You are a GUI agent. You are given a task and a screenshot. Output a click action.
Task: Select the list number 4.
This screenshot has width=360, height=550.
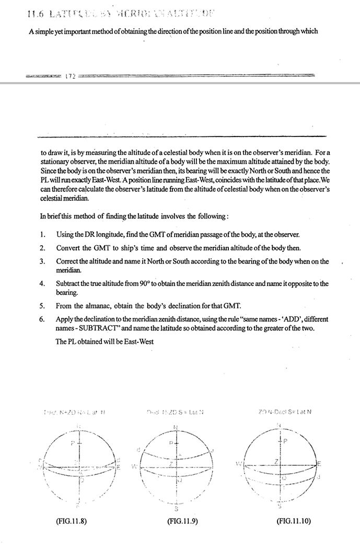pyautogui.click(x=42, y=284)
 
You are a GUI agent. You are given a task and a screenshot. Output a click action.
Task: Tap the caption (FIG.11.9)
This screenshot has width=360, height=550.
pyautogui.click(x=183, y=521)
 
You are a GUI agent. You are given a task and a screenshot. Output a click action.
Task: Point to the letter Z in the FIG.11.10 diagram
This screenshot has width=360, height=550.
pyautogui.click(x=276, y=461)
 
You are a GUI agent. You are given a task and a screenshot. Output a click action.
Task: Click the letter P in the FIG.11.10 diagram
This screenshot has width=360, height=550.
pyautogui.click(x=285, y=441)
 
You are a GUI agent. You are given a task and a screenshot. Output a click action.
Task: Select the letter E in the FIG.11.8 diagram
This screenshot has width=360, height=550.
pyautogui.click(x=119, y=467)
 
